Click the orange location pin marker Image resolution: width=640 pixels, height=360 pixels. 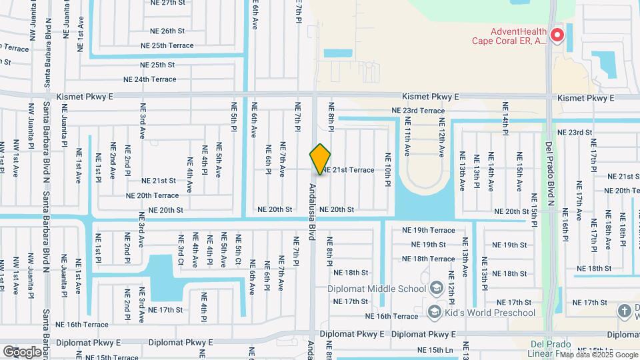(321, 159)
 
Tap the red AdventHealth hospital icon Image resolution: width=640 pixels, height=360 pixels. (555, 35)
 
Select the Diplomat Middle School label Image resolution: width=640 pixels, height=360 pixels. (376, 289)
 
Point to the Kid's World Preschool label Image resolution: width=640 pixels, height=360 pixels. (491, 313)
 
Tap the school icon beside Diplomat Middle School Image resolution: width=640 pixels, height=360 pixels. (437, 288)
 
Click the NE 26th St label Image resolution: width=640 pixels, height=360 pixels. (167, 31)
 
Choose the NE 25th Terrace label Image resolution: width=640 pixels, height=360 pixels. (167, 45)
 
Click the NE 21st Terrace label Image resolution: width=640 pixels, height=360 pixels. (348, 170)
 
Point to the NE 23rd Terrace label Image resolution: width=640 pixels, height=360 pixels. (418, 111)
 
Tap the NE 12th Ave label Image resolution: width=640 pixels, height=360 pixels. (441, 137)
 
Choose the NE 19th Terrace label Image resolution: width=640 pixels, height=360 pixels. (429, 231)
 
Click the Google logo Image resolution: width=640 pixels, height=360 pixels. (22, 351)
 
